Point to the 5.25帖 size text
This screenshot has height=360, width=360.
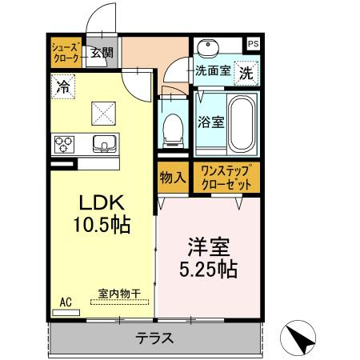click(207, 270)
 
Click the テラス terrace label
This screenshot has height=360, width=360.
click(156, 338)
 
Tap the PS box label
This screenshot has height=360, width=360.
click(253, 44)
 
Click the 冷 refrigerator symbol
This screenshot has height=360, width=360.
click(62, 86)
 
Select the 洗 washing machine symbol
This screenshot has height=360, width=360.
click(247, 71)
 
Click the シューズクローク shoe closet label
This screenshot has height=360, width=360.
click(66, 54)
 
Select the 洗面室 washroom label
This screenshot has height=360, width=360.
click(214, 70)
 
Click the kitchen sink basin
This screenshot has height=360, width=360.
click(104, 145)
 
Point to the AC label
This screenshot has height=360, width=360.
click(66, 302)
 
